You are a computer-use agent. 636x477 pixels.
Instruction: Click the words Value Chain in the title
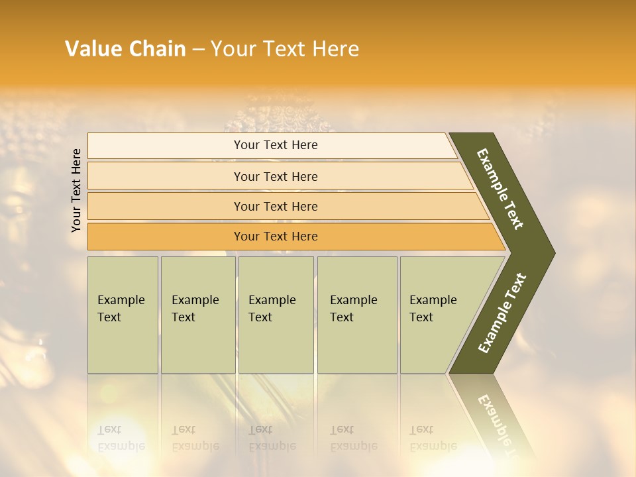125,49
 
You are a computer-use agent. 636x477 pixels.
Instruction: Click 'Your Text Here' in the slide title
285,49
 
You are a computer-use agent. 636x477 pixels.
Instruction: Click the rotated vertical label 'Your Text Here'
76,190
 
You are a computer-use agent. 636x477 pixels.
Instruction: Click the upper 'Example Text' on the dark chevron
500,189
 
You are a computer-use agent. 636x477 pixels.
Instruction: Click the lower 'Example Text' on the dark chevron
502,313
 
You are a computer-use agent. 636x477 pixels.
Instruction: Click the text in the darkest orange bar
276,237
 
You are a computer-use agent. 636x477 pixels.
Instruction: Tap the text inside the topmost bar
276,145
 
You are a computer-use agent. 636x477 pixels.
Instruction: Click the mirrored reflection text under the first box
121,438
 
